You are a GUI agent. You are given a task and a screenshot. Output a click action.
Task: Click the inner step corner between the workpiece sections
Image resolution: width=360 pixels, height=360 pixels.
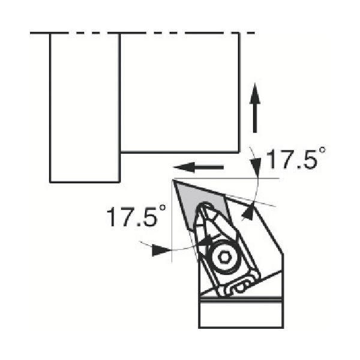point(121,152)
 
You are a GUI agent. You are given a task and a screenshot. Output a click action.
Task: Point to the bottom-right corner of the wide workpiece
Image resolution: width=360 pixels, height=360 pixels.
point(239,152)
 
